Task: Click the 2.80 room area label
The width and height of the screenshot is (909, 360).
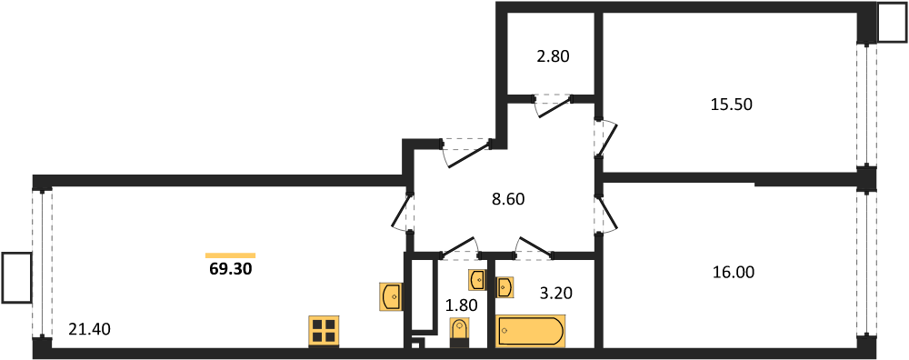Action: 553,56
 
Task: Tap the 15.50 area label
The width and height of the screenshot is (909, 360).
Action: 731,105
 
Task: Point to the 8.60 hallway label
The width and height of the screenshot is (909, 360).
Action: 508,200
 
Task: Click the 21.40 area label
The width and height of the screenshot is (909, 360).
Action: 89,330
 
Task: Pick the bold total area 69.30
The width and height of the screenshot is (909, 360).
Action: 231,269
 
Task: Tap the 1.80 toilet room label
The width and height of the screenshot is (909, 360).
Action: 461,305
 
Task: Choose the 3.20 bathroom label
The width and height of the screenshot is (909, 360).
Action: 555,294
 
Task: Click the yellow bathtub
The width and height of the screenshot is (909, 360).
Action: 531,331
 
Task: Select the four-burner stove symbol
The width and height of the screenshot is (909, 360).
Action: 325,332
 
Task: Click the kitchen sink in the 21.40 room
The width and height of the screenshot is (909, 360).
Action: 392,296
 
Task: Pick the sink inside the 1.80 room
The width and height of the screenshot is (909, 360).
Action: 477,280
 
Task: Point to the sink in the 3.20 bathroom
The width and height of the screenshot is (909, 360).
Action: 504,287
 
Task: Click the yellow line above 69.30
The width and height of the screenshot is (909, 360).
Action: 231,255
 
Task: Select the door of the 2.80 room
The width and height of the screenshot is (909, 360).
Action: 554,106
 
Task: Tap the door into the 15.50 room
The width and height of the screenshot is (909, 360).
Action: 605,138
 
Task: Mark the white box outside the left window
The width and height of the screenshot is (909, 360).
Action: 16,277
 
